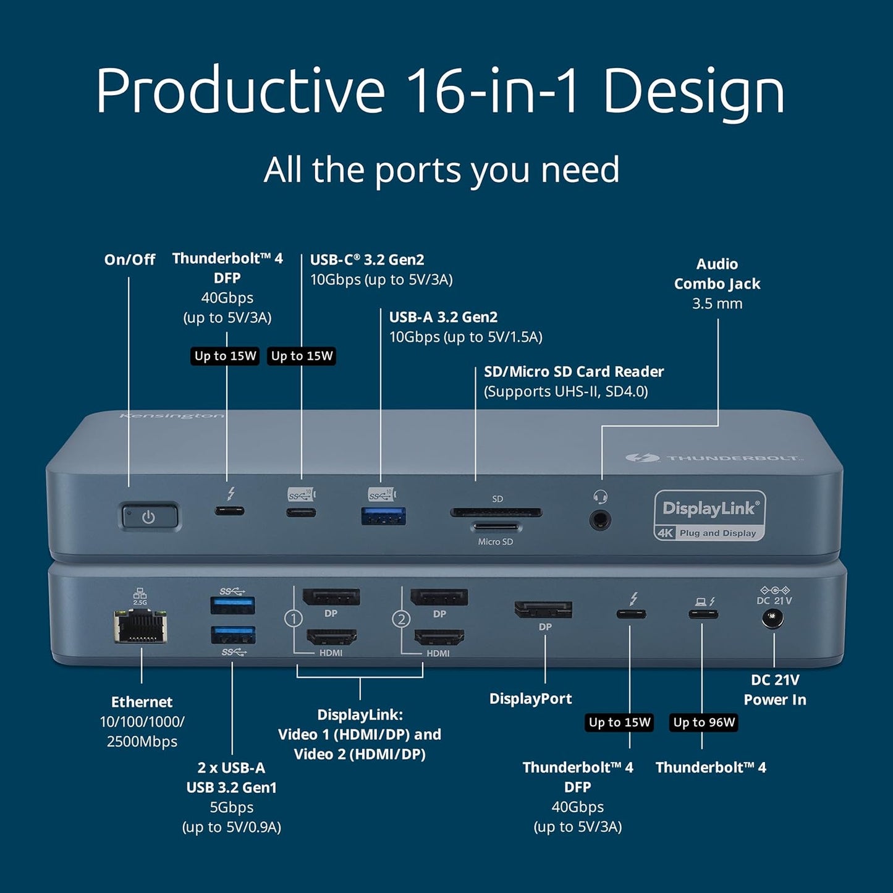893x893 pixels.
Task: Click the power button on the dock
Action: (149, 517)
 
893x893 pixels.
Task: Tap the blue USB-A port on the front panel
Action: (384, 515)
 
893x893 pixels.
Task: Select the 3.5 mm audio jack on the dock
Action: (599, 520)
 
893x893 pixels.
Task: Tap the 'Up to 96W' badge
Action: (704, 722)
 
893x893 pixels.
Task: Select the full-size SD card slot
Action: (496, 512)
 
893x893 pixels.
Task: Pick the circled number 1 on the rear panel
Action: (294, 619)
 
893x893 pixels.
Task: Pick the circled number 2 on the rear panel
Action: (402, 619)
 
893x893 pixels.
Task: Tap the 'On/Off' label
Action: (129, 260)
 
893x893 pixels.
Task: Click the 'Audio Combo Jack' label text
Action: (717, 274)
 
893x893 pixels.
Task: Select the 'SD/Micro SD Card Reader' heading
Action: (573, 371)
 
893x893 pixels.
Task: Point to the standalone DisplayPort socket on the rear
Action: (543, 609)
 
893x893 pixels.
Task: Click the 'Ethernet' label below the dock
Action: (142, 702)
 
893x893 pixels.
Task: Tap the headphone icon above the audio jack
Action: (600, 496)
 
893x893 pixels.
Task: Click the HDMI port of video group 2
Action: (439, 637)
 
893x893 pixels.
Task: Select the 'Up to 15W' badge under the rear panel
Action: (619, 722)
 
